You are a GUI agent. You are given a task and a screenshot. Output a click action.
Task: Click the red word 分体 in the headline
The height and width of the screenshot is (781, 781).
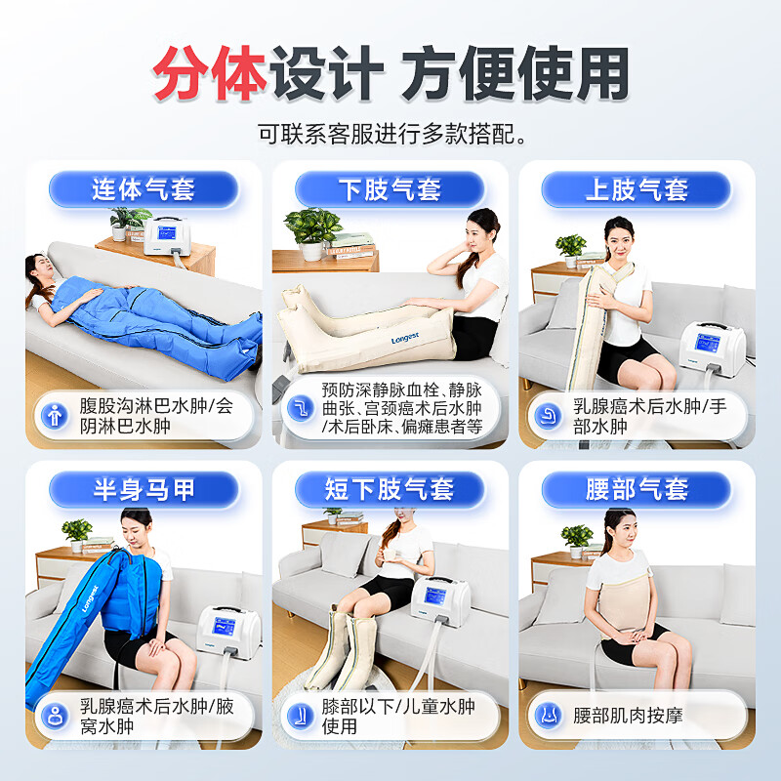210,74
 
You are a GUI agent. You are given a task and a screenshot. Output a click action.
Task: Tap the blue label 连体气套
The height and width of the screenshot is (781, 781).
144,188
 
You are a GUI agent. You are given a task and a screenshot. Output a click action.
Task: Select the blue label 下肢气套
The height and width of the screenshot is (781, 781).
390,188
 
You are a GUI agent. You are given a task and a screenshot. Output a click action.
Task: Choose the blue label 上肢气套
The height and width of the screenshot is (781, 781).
637,188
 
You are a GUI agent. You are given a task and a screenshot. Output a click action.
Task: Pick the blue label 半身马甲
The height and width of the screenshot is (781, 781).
144,489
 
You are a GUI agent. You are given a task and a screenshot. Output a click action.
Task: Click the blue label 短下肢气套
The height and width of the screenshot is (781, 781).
390,489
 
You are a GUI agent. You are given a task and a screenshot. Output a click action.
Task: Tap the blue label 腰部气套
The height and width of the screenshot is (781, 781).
637,489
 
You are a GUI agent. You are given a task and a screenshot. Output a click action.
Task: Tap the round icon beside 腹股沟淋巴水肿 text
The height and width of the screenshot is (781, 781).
55,414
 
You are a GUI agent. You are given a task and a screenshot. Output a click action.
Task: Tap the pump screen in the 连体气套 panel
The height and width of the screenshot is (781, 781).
162,236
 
